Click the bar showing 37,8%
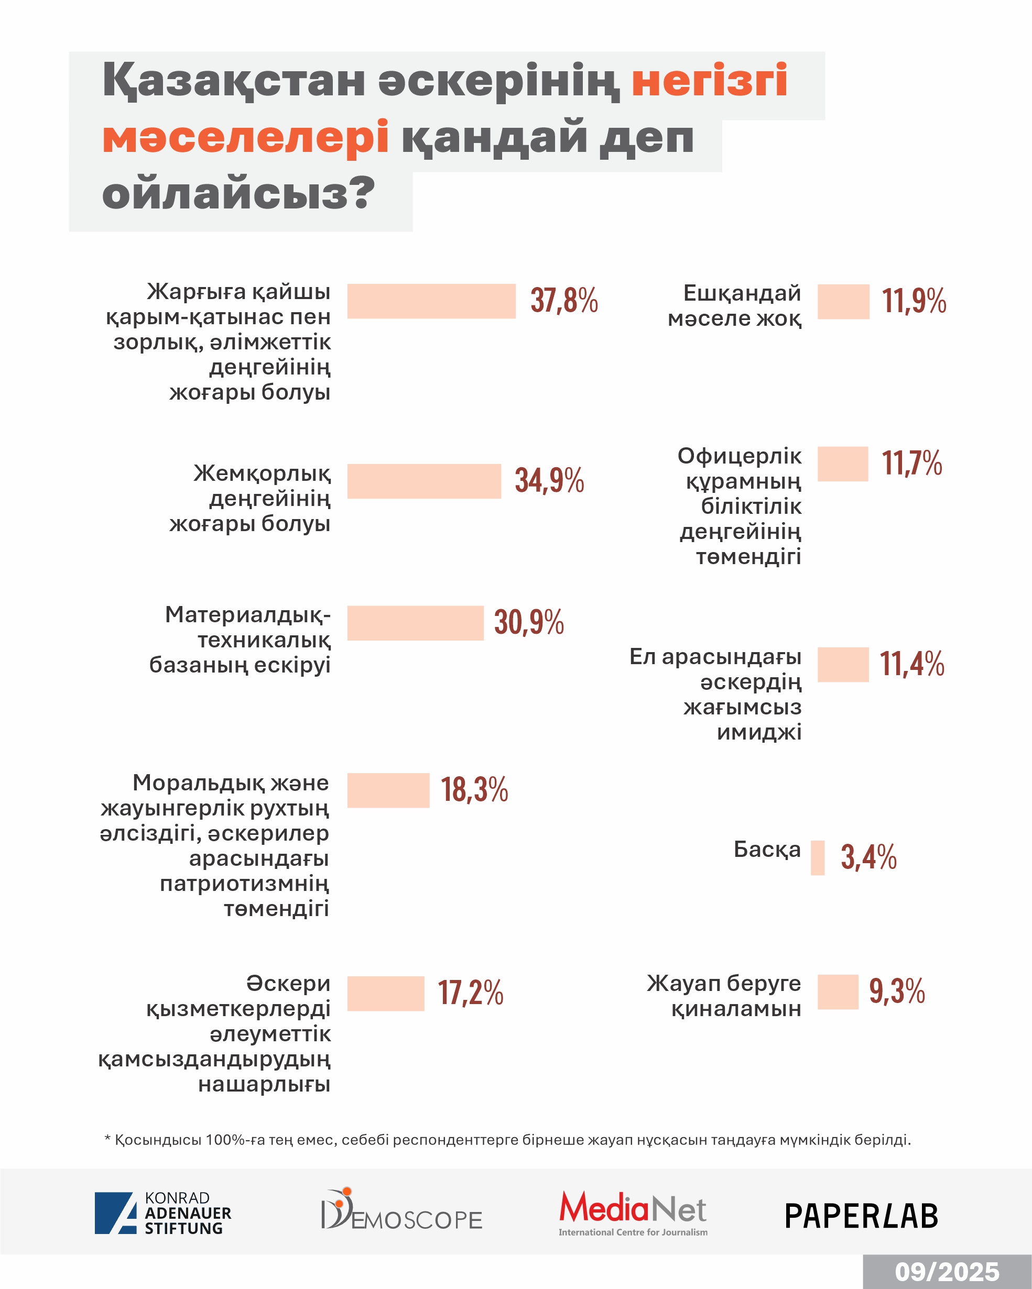pos(431,301)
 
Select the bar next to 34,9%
pos(423,481)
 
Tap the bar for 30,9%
pos(415,623)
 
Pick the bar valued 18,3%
pos(388,790)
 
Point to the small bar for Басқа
pos(817,858)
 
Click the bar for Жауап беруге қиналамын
pos(838,992)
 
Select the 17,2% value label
pos(470,993)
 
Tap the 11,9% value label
pos(914,301)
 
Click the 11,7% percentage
pos(912,464)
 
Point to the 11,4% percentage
pos(912,664)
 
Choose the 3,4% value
pos(868,857)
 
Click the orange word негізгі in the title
pos(710,80)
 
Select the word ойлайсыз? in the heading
pos(238,194)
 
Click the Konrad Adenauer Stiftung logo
pos(162,1213)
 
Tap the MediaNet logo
pos(633,1213)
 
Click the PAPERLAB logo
pos(861,1216)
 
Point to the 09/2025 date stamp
pos(947,1272)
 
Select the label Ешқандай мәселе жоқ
pos(734,305)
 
